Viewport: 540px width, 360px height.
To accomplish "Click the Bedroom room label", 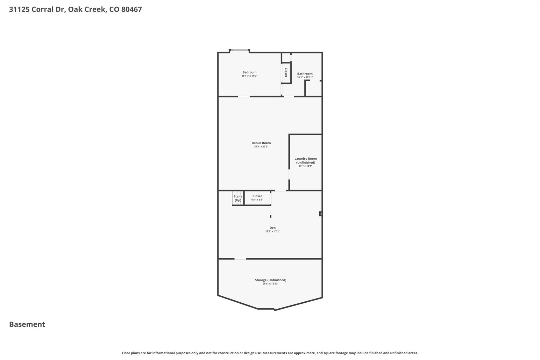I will tap(249, 72).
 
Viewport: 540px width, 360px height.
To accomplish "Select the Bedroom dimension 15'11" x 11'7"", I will tap(249, 76).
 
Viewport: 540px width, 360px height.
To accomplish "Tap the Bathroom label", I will tap(305, 74).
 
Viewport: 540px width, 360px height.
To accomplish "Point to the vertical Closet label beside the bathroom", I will tap(286, 72).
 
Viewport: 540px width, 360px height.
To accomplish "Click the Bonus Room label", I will tap(261, 143).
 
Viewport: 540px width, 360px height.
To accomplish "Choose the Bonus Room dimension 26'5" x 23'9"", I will tap(261, 147).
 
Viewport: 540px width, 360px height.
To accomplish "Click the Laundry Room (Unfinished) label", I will tap(305, 160).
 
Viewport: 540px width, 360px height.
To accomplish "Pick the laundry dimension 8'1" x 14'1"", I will tap(305, 166).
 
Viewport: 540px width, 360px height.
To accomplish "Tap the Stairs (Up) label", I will tap(238, 198).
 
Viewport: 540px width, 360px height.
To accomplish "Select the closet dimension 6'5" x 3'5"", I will tap(257, 200).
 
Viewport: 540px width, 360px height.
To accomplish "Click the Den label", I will tap(273, 228).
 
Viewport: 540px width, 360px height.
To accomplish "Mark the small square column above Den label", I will tap(271, 216).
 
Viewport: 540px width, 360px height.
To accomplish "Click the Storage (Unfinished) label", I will tap(270, 280).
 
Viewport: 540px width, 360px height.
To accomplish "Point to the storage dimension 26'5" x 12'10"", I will tap(270, 284).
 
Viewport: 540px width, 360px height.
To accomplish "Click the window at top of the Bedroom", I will tap(240, 50).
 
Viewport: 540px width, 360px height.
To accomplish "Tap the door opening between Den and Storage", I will tap(240, 259).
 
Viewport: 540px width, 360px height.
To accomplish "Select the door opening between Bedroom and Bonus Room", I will tap(244, 97).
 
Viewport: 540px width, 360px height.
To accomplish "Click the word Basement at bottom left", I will tap(27, 324).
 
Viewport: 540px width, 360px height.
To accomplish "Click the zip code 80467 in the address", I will tap(131, 9).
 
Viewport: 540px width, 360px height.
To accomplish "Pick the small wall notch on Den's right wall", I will tap(321, 214).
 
